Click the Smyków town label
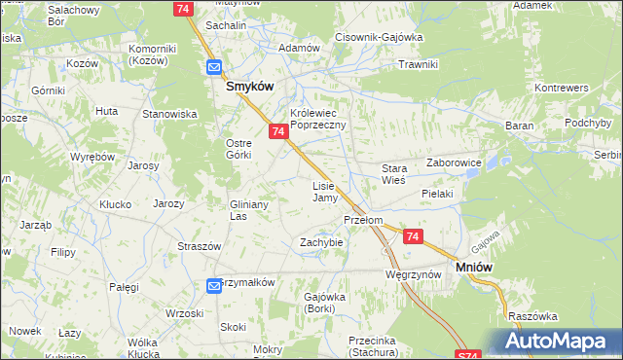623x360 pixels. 248,86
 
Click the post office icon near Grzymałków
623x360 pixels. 215,285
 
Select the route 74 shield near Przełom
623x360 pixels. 413,236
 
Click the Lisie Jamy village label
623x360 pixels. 324,192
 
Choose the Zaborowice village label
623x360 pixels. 455,163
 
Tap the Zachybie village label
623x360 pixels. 321,241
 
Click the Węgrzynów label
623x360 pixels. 414,275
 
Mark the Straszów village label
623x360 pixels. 196,247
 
